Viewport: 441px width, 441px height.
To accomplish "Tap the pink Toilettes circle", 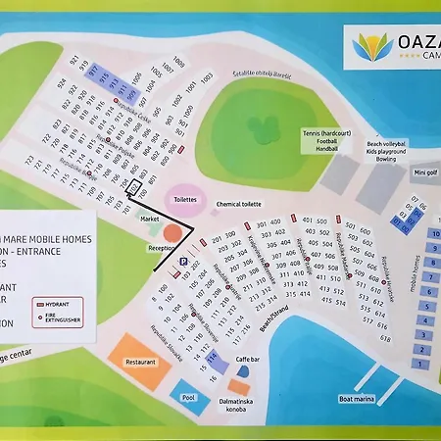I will [185, 197].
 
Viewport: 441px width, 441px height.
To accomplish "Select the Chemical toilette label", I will [239, 204].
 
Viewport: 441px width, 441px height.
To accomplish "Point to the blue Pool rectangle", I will [189, 396].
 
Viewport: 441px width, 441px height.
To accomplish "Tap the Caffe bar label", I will [248, 361].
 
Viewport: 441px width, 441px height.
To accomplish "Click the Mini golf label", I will [425, 172].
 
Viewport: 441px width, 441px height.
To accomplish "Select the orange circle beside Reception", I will [172, 234].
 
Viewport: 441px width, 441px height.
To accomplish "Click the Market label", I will [150, 219].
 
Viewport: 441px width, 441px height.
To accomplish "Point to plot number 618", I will [385, 338].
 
